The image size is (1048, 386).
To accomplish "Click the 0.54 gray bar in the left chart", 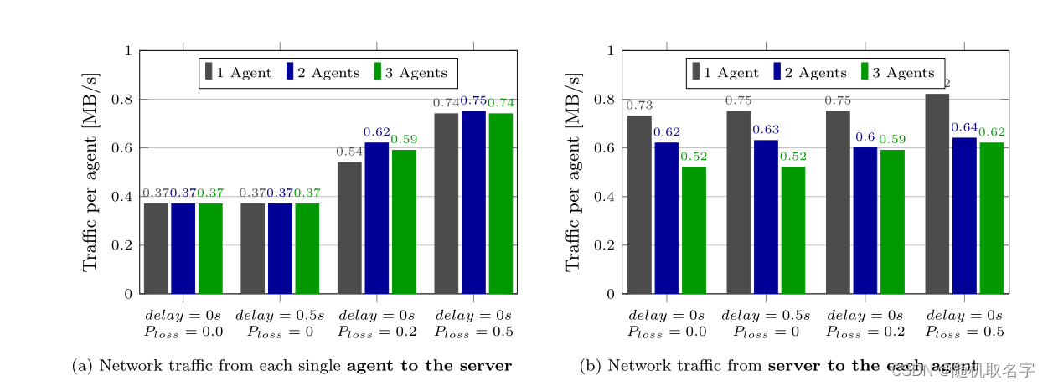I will [x=349, y=228].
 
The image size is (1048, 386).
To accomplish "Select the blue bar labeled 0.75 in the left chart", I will [x=473, y=202].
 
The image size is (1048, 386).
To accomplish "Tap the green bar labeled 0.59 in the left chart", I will [x=404, y=221].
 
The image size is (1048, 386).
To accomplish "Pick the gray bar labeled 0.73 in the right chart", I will [x=639, y=204].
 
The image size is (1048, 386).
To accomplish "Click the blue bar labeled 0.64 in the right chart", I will [x=964, y=215].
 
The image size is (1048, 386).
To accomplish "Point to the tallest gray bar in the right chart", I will [x=937, y=193].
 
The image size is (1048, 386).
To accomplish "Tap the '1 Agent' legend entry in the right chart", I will [x=725, y=73].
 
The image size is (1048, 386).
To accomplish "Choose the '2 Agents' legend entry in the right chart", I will [x=804, y=73].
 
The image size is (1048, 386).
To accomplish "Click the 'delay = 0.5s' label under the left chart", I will [x=280, y=316].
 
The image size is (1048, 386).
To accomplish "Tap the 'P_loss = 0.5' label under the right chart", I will [x=964, y=332].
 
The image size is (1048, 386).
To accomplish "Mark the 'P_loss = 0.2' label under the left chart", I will [x=376, y=332].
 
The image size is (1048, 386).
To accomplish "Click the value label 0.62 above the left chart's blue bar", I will [x=376, y=132].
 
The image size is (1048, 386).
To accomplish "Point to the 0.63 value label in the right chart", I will [x=766, y=130].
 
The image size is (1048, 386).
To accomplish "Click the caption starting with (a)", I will [x=292, y=366].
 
